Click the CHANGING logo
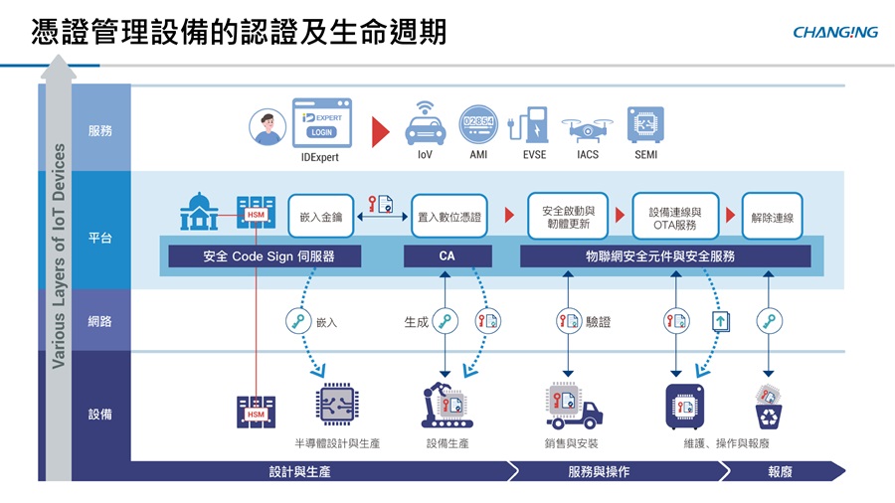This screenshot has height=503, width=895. [x=835, y=32]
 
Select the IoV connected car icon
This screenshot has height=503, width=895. [x=425, y=124]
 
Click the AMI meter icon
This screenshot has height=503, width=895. [x=477, y=124]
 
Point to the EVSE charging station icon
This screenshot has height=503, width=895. [x=534, y=124]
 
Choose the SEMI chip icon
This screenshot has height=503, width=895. [x=645, y=124]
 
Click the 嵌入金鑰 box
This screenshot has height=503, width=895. [x=320, y=216]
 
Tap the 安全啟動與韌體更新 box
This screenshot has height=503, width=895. [x=568, y=216]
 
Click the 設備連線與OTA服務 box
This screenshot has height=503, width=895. [x=675, y=216]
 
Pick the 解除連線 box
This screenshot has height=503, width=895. [x=773, y=216]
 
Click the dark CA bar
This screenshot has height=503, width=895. [x=447, y=255]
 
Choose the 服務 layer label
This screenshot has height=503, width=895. [x=100, y=130]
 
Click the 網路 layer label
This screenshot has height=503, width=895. [x=100, y=320]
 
